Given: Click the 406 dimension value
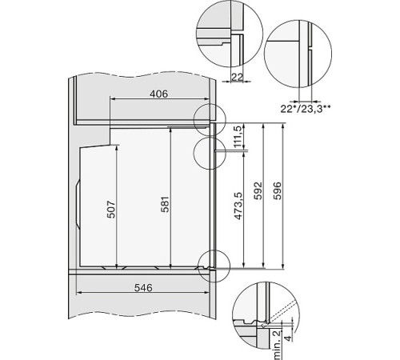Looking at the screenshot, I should tap(158, 94).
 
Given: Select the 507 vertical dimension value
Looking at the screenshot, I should tap(112, 210).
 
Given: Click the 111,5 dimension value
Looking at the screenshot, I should tap(237, 137).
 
